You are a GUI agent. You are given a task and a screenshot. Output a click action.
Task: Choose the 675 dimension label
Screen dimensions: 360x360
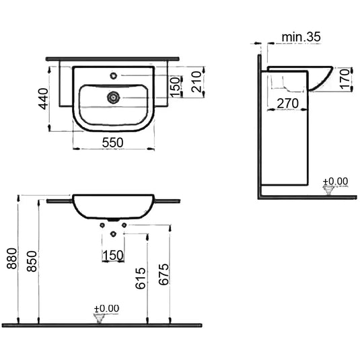[163, 273]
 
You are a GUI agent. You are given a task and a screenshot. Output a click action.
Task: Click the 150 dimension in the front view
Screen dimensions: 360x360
[112, 254]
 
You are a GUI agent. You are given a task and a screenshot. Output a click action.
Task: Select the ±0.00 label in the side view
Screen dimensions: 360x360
[334, 181]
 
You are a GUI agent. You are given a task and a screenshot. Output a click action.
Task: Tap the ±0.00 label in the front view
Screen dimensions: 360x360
[106, 308]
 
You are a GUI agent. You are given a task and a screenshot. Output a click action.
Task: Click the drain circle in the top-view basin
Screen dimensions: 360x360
[112, 98]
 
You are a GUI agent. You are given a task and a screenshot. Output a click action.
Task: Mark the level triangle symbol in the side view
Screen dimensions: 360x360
[329, 190]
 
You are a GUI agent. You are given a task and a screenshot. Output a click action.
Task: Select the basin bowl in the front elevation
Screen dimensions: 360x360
[112, 207]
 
